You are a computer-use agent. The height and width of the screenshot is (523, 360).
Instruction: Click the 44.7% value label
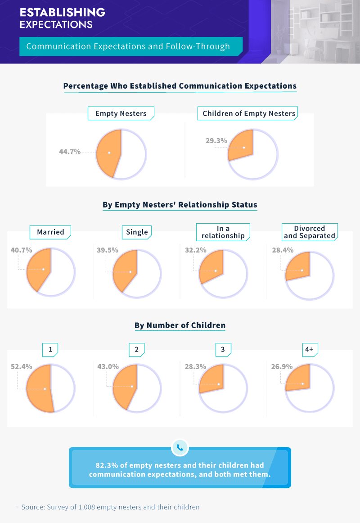70,152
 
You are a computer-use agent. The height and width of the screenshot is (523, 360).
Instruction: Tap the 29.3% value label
216,141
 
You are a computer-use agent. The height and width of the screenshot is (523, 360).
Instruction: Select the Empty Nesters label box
121,113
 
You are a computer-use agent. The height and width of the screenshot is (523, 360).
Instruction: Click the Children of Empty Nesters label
249,113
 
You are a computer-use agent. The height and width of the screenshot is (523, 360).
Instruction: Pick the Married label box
50,232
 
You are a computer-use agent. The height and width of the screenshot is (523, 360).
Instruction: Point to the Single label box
137,232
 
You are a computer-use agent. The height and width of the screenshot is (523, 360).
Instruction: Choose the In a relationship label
223,232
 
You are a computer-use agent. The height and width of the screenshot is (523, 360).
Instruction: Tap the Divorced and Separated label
310,232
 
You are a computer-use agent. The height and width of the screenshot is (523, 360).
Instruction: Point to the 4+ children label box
310,349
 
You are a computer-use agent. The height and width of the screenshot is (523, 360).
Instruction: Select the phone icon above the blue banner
180,447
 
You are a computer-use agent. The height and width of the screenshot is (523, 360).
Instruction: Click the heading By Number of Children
180,325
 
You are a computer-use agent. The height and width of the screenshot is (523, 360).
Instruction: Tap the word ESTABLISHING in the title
63,12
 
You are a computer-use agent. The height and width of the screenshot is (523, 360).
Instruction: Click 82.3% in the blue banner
106,465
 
